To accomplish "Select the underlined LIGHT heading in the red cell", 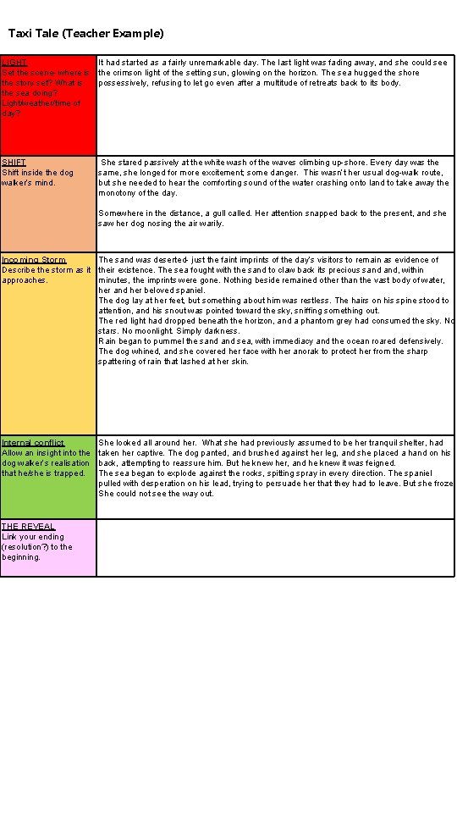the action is pyautogui.click(x=14, y=63).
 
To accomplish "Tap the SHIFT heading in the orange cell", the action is pyautogui.click(x=14, y=163).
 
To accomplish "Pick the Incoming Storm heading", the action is pyautogui.click(x=34, y=260).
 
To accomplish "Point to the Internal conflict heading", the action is pyautogui.click(x=33, y=443).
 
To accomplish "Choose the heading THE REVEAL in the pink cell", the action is pyautogui.click(x=28, y=527).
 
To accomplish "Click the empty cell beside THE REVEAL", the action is pyautogui.click(x=275, y=547).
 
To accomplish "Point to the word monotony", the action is pyautogui.click(x=118, y=193).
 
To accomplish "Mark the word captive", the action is pyautogui.click(x=152, y=453).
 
